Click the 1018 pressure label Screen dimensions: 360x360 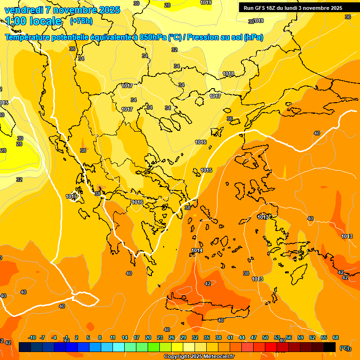click(x=228, y=74)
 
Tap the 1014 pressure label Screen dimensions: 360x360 click(x=197, y=251)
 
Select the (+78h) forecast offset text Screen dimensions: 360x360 click(x=81, y=21)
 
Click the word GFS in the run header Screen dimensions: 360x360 click(x=259, y=8)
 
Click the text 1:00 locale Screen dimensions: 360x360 click(x=34, y=21)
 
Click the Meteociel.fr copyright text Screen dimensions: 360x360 click(x=199, y=357)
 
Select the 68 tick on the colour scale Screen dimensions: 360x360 click(x=336, y=337)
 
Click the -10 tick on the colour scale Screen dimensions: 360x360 click(x=32, y=337)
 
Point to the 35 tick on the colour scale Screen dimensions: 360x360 click(x=207, y=337)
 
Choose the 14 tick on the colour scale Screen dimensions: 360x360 click(x=125, y=337)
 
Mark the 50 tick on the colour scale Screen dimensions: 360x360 click(x=265, y=337)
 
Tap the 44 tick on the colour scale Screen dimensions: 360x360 click(x=242, y=337)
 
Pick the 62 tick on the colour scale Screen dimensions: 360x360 click(x=312, y=337)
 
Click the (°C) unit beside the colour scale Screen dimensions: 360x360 click(x=345, y=348)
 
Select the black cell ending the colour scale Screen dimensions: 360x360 click(x=330, y=347)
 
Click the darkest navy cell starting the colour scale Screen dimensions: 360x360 click(x=25, y=347)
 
